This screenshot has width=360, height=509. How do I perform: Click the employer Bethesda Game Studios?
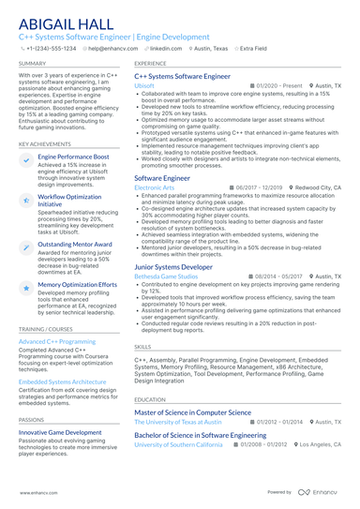click(x=166, y=277)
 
